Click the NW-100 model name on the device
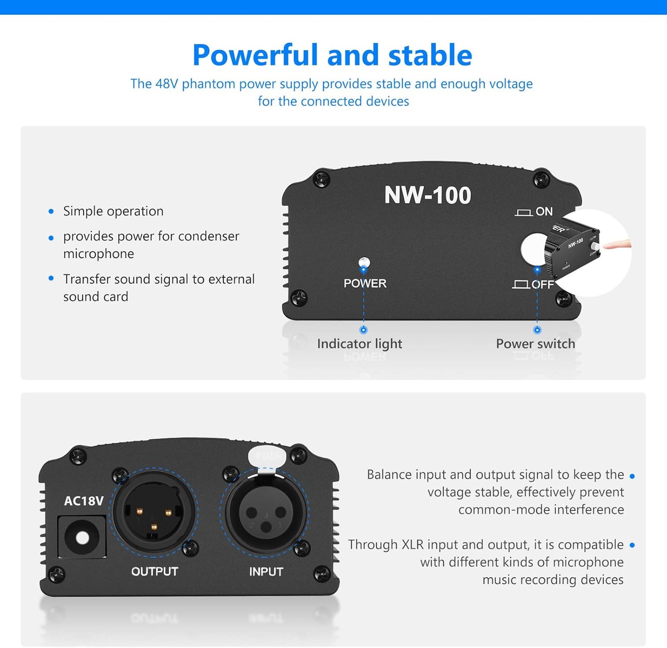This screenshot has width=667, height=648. click(427, 195)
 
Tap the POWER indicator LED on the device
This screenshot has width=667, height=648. click(364, 263)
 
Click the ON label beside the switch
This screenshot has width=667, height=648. click(544, 212)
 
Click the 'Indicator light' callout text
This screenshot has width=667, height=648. click(359, 344)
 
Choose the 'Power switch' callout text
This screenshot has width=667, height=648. click(535, 344)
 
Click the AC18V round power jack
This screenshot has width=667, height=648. click(82, 538)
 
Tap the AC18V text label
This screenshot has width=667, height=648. click(84, 501)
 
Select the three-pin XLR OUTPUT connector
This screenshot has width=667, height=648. click(153, 511)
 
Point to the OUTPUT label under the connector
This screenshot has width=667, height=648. click(155, 572)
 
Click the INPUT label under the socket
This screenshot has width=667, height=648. click(266, 572)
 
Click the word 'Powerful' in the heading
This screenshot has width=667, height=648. click(255, 55)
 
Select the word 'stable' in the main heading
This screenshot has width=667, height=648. click(430, 55)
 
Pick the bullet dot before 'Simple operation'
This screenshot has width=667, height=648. click(51, 212)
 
